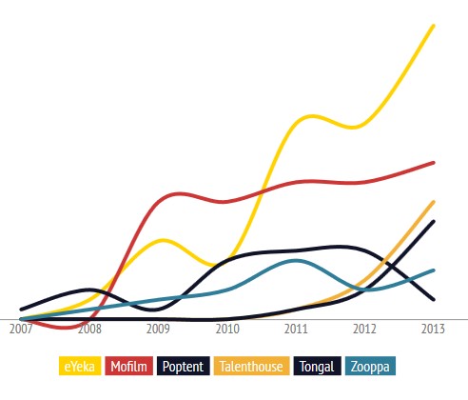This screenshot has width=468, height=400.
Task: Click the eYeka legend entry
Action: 81,366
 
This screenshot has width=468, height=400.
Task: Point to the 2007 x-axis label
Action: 21,330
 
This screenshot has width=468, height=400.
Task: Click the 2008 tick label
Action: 89,330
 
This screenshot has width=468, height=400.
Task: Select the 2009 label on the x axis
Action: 159,330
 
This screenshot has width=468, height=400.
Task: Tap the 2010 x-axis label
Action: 227,330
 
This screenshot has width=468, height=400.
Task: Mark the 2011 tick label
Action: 297,330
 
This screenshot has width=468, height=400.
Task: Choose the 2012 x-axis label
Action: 365,330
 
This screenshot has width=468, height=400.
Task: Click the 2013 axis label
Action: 434,330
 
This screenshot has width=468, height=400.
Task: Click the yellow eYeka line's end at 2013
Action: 434,26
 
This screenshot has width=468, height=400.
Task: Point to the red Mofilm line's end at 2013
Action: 434,163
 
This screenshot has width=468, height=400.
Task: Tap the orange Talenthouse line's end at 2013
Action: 434,202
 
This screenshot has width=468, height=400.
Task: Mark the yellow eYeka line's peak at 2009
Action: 163,239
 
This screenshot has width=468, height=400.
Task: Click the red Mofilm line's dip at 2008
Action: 71,327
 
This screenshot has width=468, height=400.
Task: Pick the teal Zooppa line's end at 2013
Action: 434,270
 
